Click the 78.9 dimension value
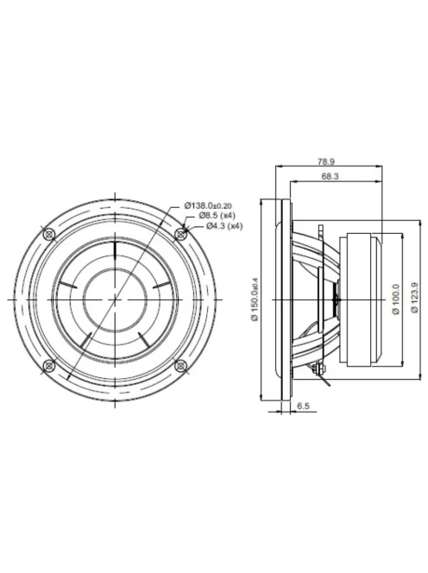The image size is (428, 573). pos(325,161)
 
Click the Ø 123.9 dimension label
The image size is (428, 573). pos(415,299)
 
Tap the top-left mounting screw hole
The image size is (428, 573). pos(49,232)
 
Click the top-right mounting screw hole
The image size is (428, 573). pos(181,232)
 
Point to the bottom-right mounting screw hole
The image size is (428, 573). pos(181,365)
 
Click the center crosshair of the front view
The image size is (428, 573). pos(115,299)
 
